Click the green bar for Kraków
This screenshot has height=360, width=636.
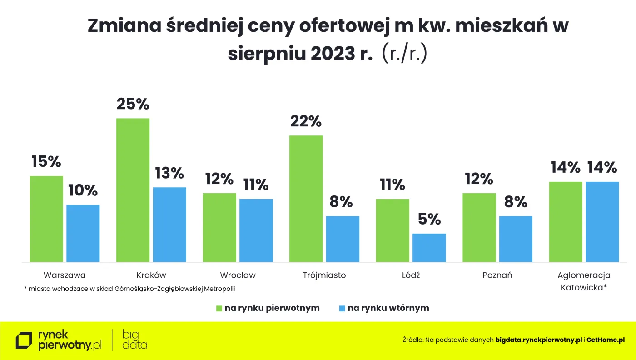(x=133, y=190)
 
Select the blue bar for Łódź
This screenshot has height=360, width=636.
(x=429, y=248)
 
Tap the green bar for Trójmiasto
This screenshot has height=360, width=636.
(x=306, y=199)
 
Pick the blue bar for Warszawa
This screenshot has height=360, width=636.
(x=83, y=233)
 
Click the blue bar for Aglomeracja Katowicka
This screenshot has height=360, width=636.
(x=602, y=222)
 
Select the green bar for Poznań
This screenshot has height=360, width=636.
(x=479, y=227)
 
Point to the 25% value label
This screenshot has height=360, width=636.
(x=133, y=104)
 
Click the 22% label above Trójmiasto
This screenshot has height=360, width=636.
(x=306, y=121)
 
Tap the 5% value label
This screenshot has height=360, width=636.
(x=429, y=219)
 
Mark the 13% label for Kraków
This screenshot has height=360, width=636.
(x=169, y=173)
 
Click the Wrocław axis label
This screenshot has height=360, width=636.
(x=238, y=275)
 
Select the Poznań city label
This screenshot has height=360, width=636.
(x=497, y=275)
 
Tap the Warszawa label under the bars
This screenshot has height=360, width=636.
(x=65, y=275)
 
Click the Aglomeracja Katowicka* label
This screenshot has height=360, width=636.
(x=584, y=281)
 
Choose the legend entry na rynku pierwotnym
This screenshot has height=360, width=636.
(x=272, y=308)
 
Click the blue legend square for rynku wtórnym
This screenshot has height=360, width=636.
(x=343, y=308)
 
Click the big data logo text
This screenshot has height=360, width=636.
(x=135, y=340)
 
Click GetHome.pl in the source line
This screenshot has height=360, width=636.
(x=606, y=340)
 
